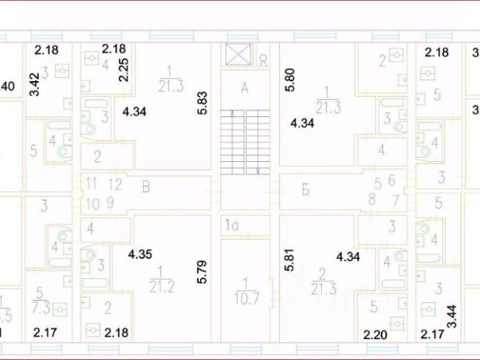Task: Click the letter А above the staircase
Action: pyautogui.click(x=243, y=88)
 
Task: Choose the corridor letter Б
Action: pyautogui.click(x=326, y=189)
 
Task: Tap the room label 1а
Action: pyautogui.click(x=232, y=223)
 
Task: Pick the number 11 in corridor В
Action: pyautogui.click(x=91, y=182)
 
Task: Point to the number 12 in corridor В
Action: pyautogui.click(x=115, y=182)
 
